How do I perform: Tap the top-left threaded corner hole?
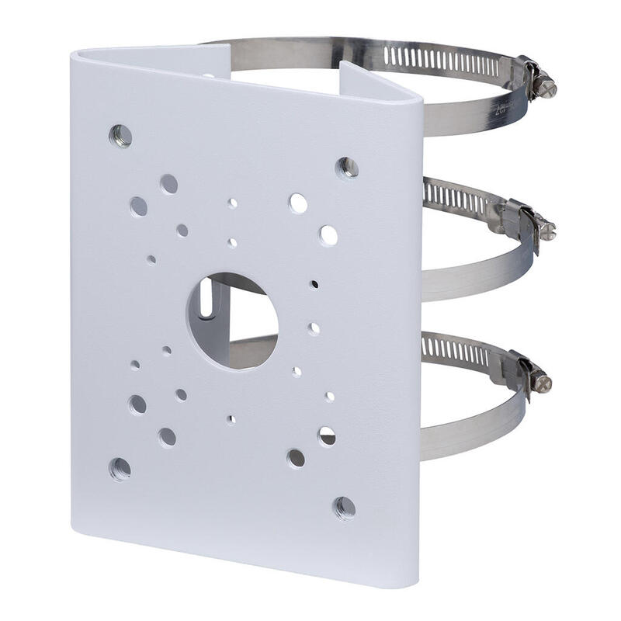[120, 136]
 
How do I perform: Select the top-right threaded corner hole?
[346, 167]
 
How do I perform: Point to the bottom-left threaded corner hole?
[120, 468]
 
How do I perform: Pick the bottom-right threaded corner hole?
[345, 508]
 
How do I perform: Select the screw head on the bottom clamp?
[546, 381]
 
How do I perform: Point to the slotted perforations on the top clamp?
[435, 57]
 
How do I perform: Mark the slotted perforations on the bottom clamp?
[455, 351]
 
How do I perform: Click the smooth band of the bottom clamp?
[466, 419]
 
